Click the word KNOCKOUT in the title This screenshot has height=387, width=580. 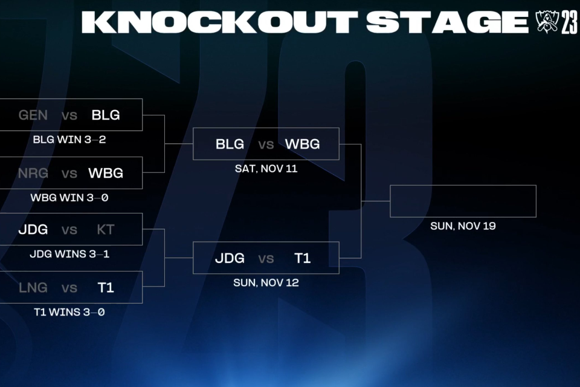pos(220,22)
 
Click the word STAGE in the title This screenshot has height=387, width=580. pos(448,22)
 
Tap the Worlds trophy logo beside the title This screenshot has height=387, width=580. pos(546,22)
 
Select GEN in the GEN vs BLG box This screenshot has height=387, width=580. pos(33,115)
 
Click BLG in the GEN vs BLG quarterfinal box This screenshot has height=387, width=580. pos(106,115)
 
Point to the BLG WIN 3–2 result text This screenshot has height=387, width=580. pos(69,140)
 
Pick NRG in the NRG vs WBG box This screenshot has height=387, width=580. pos(33,174)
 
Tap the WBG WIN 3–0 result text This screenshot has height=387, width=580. pos(69,198)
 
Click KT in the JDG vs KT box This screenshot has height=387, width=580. pos(106,230)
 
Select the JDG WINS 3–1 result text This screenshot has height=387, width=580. pos(69,254)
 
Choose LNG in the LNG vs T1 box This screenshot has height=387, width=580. pos(33,288)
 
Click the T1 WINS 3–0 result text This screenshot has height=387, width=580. pos(69,312)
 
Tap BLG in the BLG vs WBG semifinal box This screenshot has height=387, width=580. pos(230,144)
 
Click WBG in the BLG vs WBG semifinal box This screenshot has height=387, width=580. pos(303,144)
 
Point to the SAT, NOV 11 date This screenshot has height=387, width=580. pos(266,169)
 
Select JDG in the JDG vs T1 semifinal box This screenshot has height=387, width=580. pos(230,258)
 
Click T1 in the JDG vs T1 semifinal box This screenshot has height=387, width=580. pos(303,258)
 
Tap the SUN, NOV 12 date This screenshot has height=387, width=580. pos(266,283)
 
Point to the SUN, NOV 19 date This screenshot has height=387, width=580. pos(463,226)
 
